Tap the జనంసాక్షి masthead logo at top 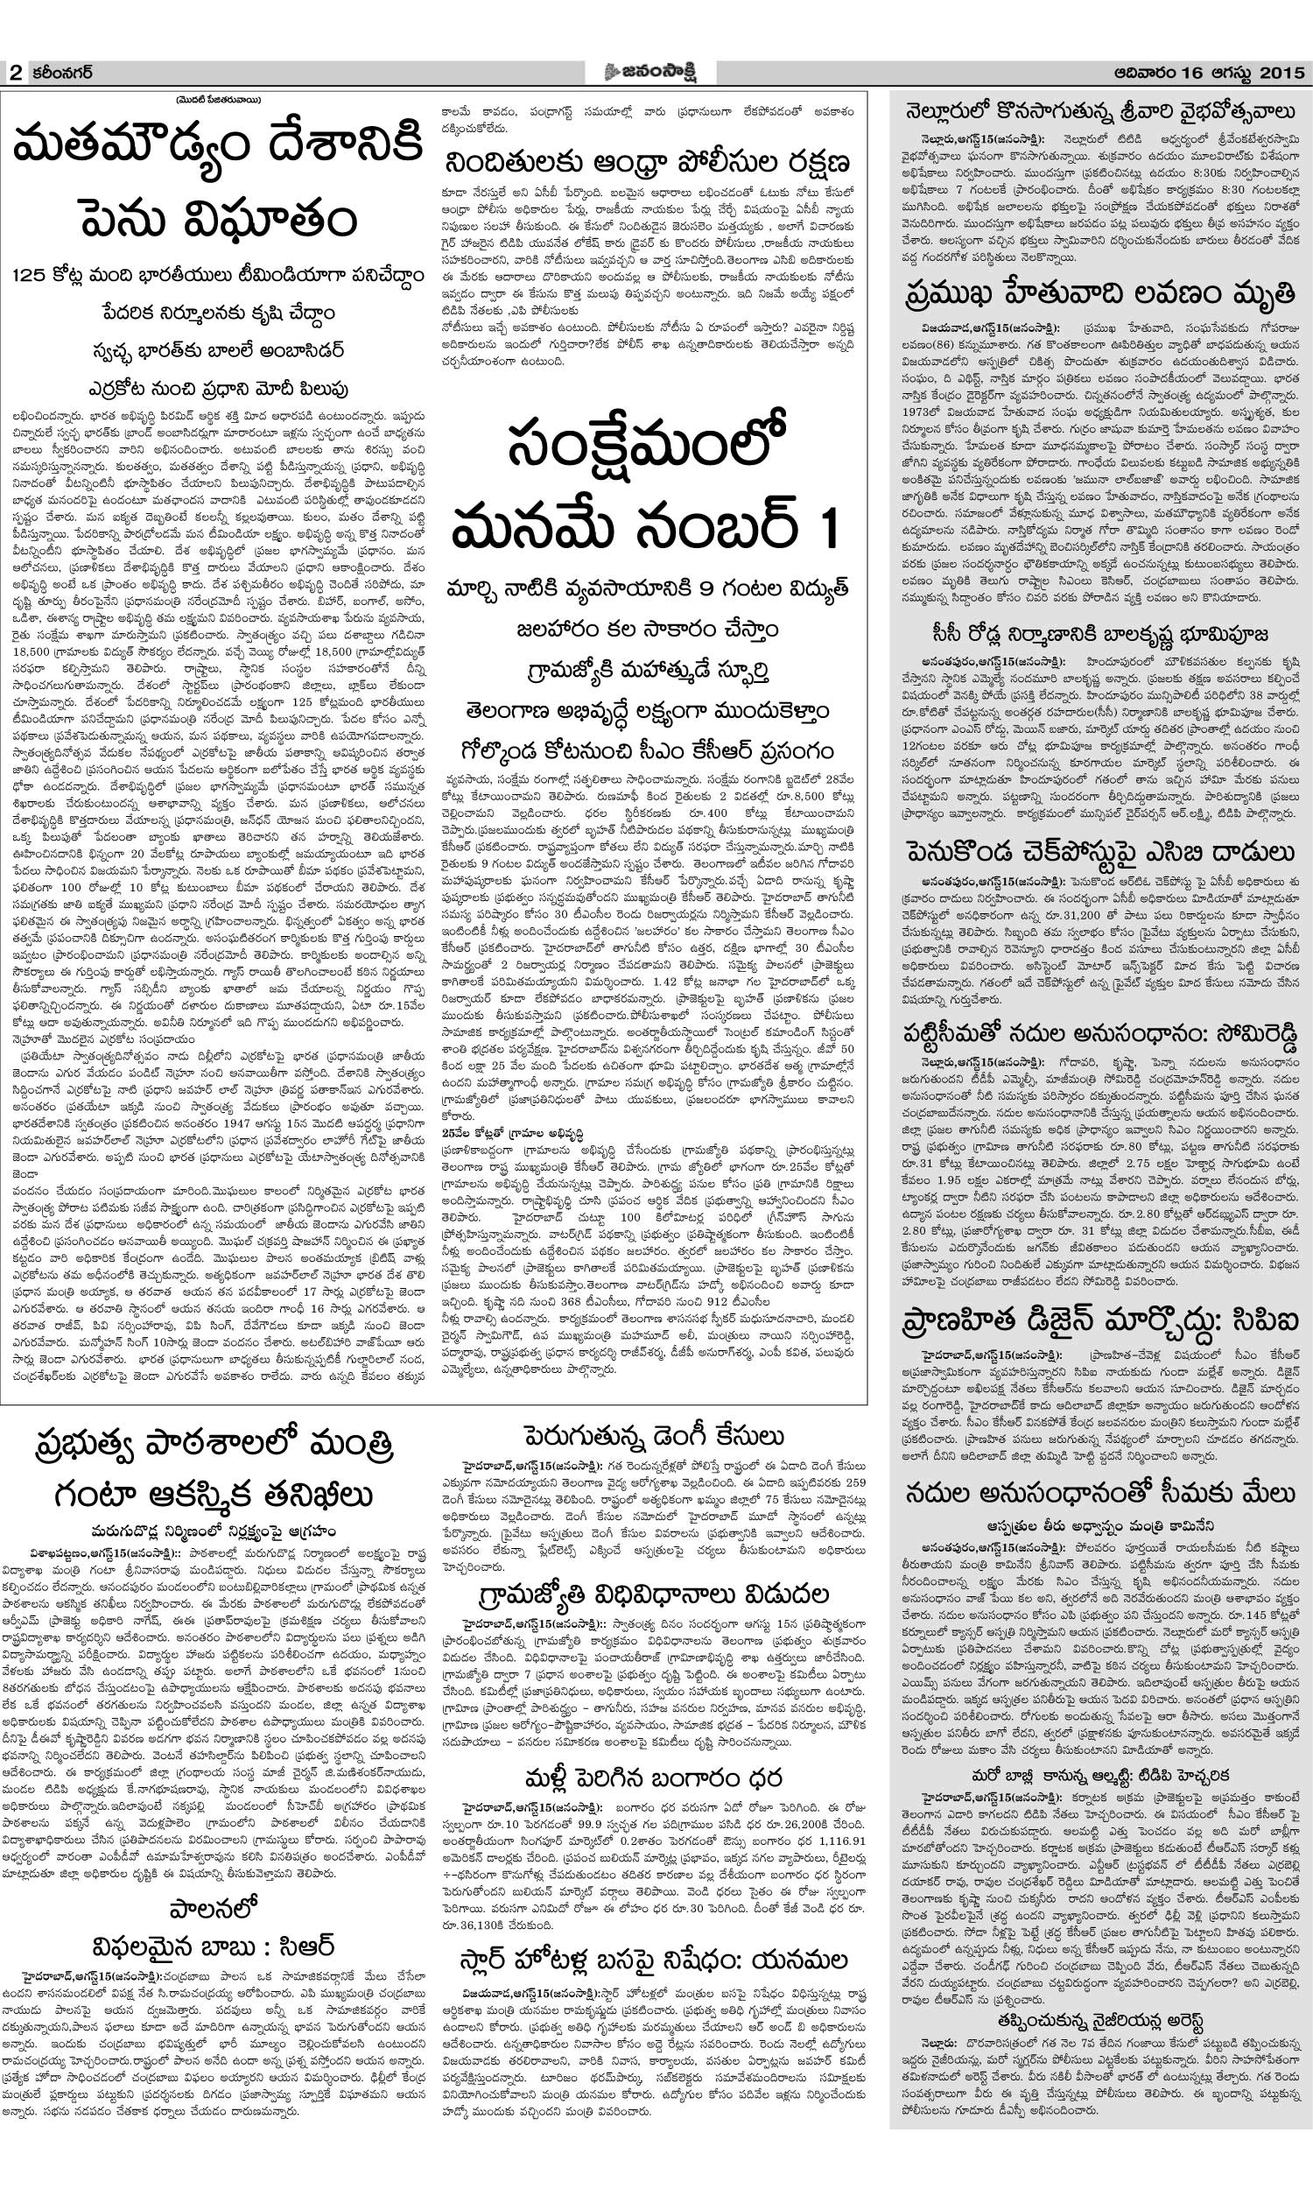click(656, 71)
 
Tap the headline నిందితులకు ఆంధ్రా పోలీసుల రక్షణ click(649, 164)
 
